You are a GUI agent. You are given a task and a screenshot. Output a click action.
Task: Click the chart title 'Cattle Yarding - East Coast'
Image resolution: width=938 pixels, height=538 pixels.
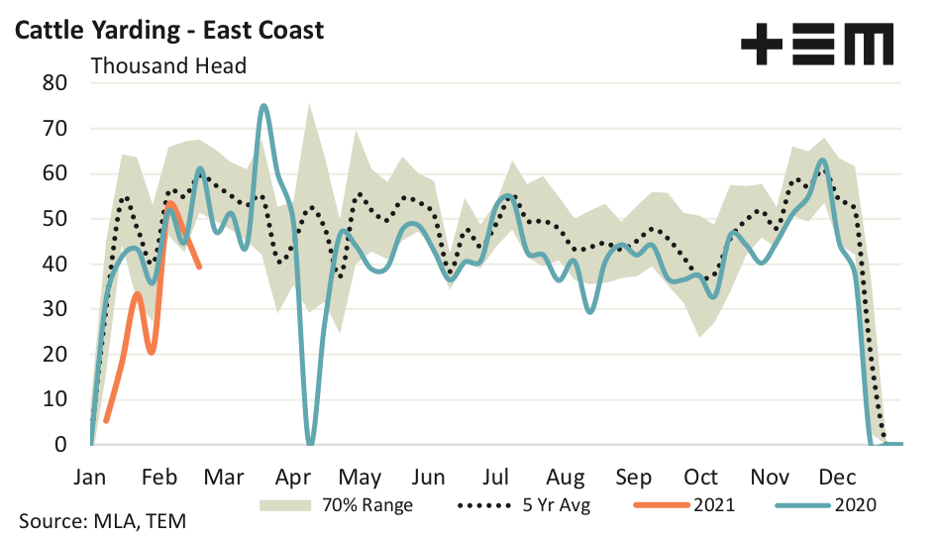[x=169, y=31]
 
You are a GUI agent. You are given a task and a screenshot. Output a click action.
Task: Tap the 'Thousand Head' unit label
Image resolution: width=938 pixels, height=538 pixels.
[x=168, y=66]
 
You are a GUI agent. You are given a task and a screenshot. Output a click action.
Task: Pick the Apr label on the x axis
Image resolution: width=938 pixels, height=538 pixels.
[x=293, y=477]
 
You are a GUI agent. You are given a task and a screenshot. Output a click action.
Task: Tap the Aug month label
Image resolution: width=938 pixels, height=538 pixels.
[x=566, y=477]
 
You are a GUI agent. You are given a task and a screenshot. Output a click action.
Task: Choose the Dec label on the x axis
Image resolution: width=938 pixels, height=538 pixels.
[x=837, y=477]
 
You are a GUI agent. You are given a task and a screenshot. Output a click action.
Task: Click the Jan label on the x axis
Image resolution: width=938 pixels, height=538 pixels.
[x=90, y=477]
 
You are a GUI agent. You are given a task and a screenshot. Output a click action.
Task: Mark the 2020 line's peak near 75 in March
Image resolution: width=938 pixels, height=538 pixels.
[x=263, y=105]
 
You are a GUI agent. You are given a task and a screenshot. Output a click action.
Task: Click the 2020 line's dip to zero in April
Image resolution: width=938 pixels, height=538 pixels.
[x=310, y=443]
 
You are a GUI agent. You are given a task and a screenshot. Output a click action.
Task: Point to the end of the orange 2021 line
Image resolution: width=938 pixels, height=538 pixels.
[x=200, y=267]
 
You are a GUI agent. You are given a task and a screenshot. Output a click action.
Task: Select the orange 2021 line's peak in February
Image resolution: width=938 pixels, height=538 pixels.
[x=170, y=203]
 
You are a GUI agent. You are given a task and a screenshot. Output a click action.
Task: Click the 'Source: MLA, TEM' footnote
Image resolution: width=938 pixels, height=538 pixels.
[x=101, y=520]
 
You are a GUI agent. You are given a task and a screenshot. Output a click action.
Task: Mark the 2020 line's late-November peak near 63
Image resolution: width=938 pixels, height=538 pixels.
[x=822, y=160]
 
